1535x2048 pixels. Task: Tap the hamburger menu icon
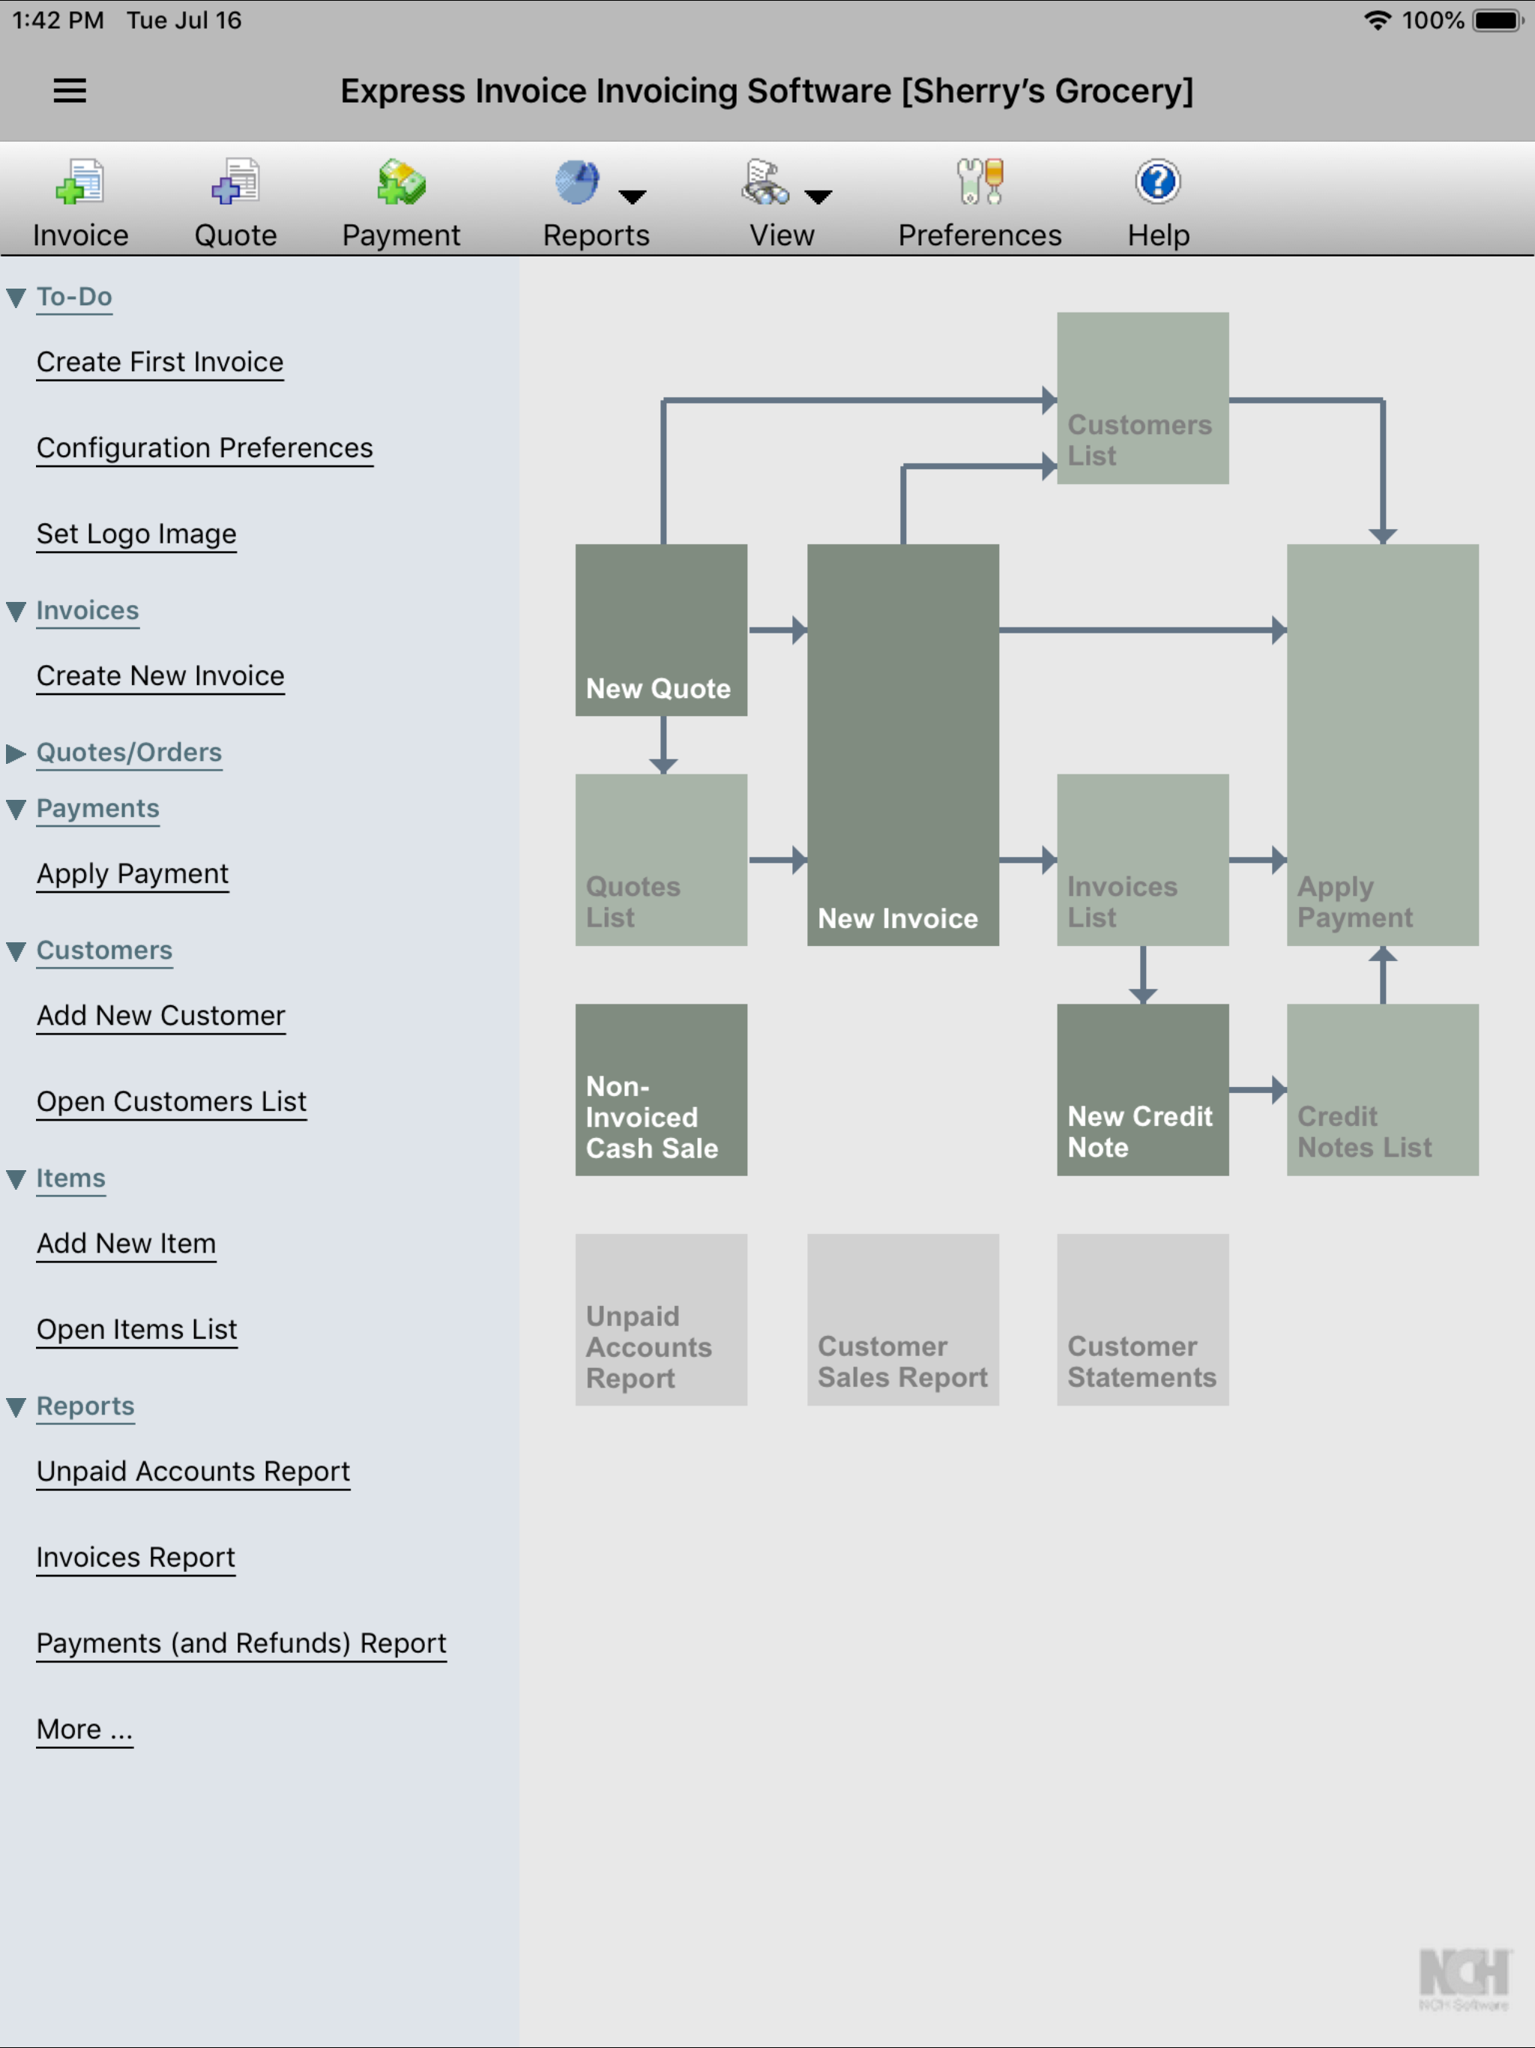pos(70,91)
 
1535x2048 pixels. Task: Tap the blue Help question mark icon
pos(1157,182)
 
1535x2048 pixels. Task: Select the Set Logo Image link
pos(136,534)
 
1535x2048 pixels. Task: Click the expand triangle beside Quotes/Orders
pos(16,753)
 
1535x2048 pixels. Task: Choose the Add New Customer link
pos(161,1016)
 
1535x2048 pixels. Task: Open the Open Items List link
pos(137,1330)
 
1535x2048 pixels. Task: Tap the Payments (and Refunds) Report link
pos(241,1643)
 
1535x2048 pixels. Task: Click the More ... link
pos(84,1729)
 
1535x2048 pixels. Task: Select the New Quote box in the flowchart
pos(661,630)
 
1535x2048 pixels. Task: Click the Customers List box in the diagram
pos(1142,398)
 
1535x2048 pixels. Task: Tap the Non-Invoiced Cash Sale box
pos(661,1090)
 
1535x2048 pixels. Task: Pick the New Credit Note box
pos(1142,1090)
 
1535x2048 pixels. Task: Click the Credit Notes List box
pos(1382,1090)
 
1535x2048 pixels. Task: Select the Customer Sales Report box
pos(902,1319)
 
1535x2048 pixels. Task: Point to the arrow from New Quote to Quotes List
pos(663,745)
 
